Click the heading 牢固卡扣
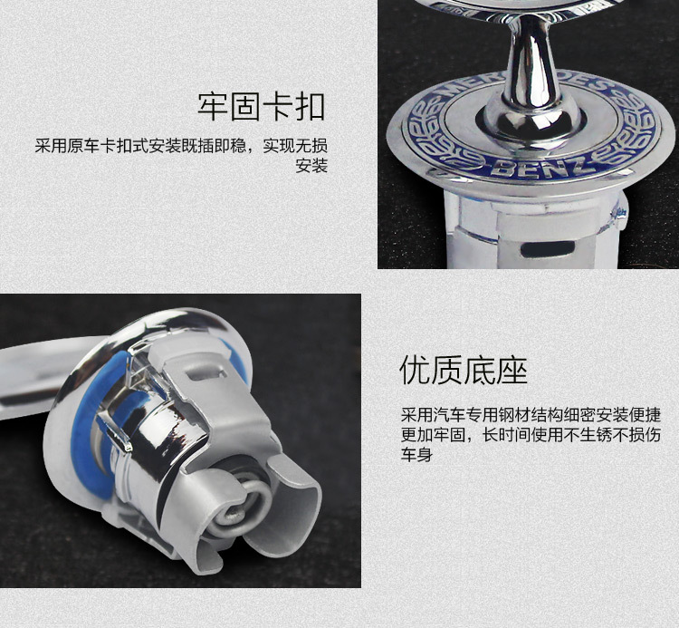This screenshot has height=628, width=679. click(x=262, y=107)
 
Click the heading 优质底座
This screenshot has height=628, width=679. click(x=464, y=370)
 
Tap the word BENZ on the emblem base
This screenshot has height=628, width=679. click(x=540, y=169)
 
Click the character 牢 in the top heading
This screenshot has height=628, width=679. click(x=213, y=107)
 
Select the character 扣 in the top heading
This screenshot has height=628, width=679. click(x=311, y=107)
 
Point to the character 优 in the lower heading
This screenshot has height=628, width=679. click(x=415, y=370)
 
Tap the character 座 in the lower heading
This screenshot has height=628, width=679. click(x=512, y=370)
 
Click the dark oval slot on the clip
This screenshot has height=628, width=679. click(x=548, y=248)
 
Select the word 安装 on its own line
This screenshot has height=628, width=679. click(x=311, y=166)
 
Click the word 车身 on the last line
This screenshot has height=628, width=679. click(x=416, y=455)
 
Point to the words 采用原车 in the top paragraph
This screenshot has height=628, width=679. click(x=67, y=146)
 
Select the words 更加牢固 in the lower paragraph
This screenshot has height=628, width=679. click(x=433, y=435)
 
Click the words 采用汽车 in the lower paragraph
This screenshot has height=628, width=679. click(x=433, y=415)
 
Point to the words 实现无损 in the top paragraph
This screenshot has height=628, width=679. click(x=295, y=146)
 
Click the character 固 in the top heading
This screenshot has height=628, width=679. click(x=245, y=107)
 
